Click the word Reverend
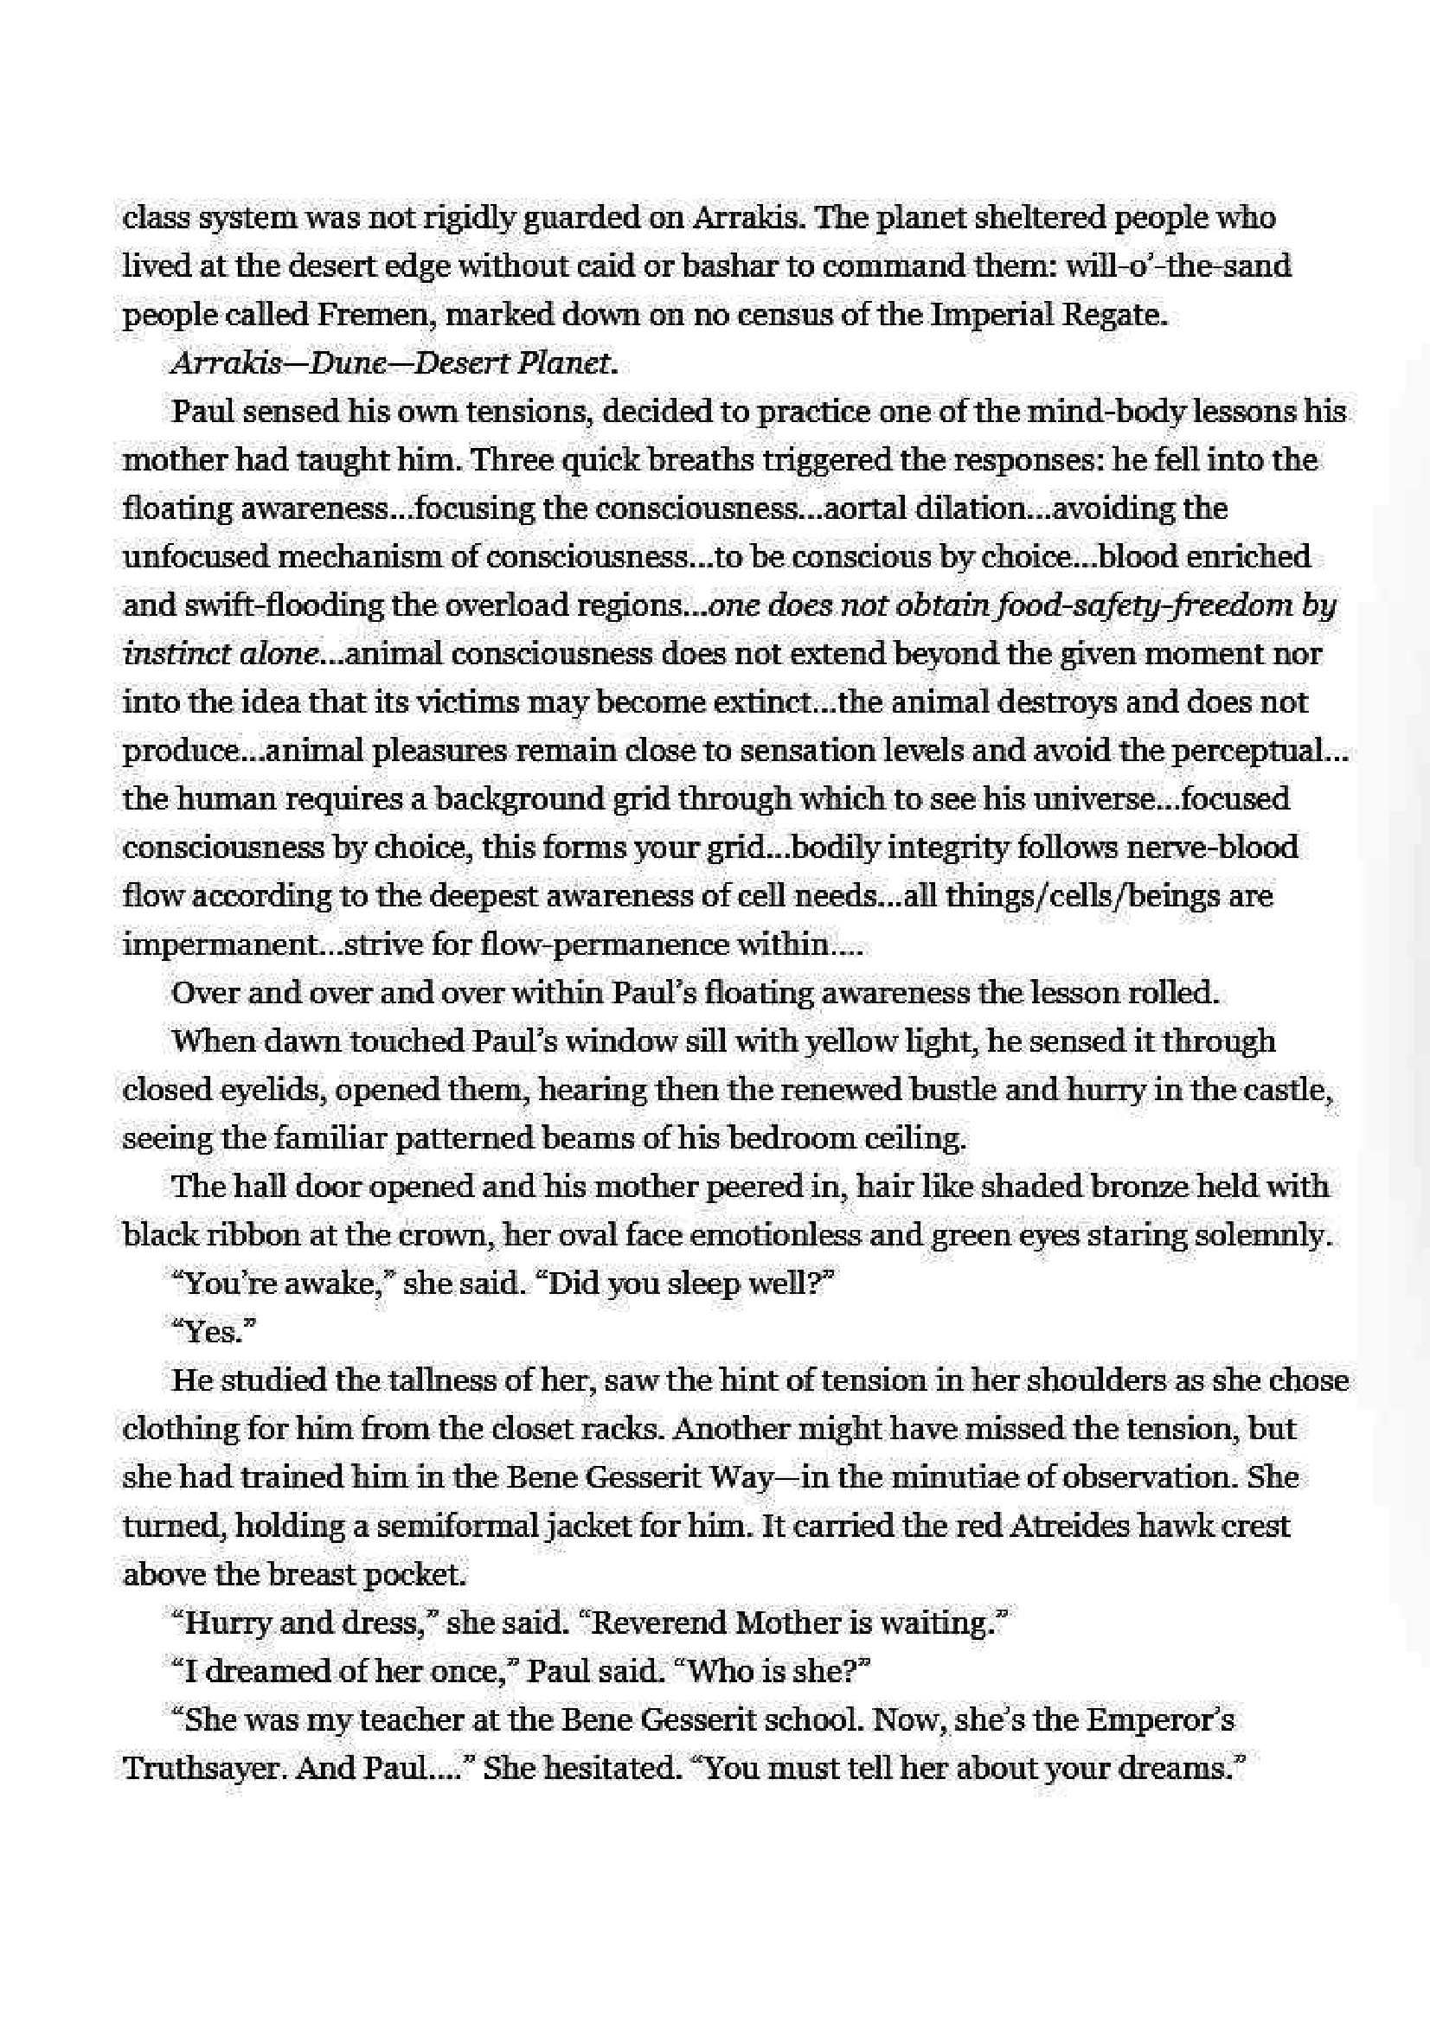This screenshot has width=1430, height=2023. (657, 1623)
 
